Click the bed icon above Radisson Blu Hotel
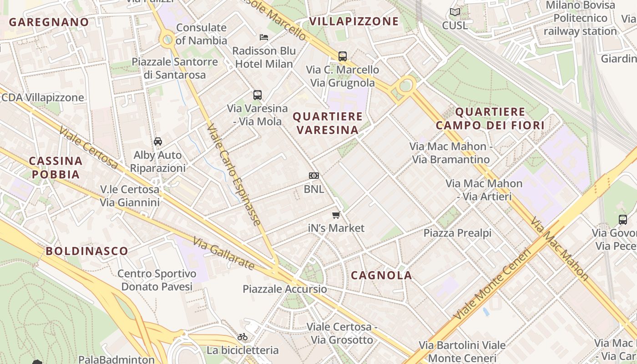click(264, 37)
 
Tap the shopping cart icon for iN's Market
click(336, 215)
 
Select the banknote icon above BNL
click(313, 176)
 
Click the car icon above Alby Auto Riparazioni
click(158, 142)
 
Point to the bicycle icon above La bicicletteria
click(243, 337)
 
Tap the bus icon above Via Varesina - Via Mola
click(258, 95)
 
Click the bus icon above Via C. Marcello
click(343, 56)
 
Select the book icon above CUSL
click(455, 12)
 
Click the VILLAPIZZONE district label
click(354, 21)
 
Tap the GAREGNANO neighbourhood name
click(49, 22)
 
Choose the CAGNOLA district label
click(381, 275)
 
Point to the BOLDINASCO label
click(86, 251)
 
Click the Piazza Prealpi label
click(457, 233)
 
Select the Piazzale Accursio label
click(284, 289)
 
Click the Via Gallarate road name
click(223, 253)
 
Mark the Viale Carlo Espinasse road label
click(234, 175)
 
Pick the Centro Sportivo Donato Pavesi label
click(157, 280)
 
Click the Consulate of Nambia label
click(201, 34)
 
